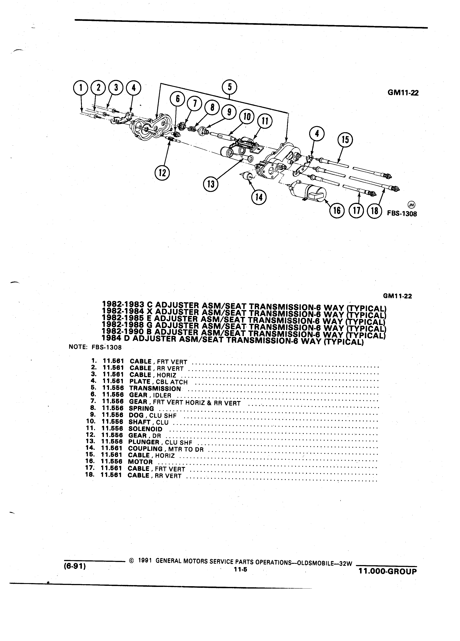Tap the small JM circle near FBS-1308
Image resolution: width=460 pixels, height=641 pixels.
(x=411, y=205)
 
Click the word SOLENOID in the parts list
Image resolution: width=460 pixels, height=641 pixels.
(x=145, y=429)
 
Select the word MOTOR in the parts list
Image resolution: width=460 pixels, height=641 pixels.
(x=140, y=462)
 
